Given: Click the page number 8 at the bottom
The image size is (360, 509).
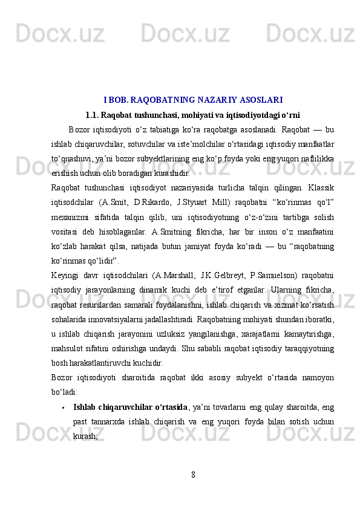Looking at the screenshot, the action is [192, 472].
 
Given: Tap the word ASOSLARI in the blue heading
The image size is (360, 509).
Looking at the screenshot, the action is [260, 99].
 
